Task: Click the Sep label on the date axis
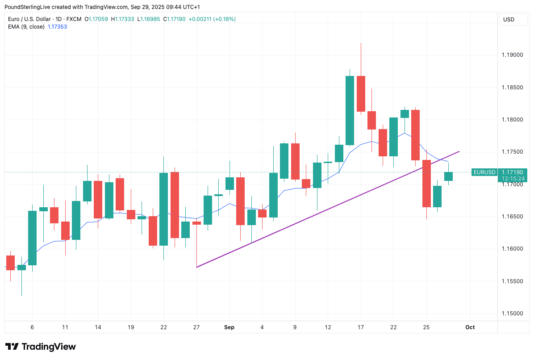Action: click(229, 327)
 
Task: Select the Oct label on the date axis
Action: click(470, 327)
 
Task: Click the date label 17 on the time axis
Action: click(361, 327)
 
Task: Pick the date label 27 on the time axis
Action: click(196, 327)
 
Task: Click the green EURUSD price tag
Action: click(484, 172)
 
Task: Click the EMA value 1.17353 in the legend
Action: click(57, 27)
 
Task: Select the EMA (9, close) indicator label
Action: click(26, 27)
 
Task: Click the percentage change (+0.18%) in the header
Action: click(225, 19)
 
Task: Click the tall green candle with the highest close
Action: click(350, 110)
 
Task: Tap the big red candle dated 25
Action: click(426, 183)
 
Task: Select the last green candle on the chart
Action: click(448, 176)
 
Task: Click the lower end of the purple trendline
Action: click(197, 267)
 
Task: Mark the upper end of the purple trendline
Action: click(459, 152)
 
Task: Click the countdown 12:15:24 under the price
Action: click(513, 179)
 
